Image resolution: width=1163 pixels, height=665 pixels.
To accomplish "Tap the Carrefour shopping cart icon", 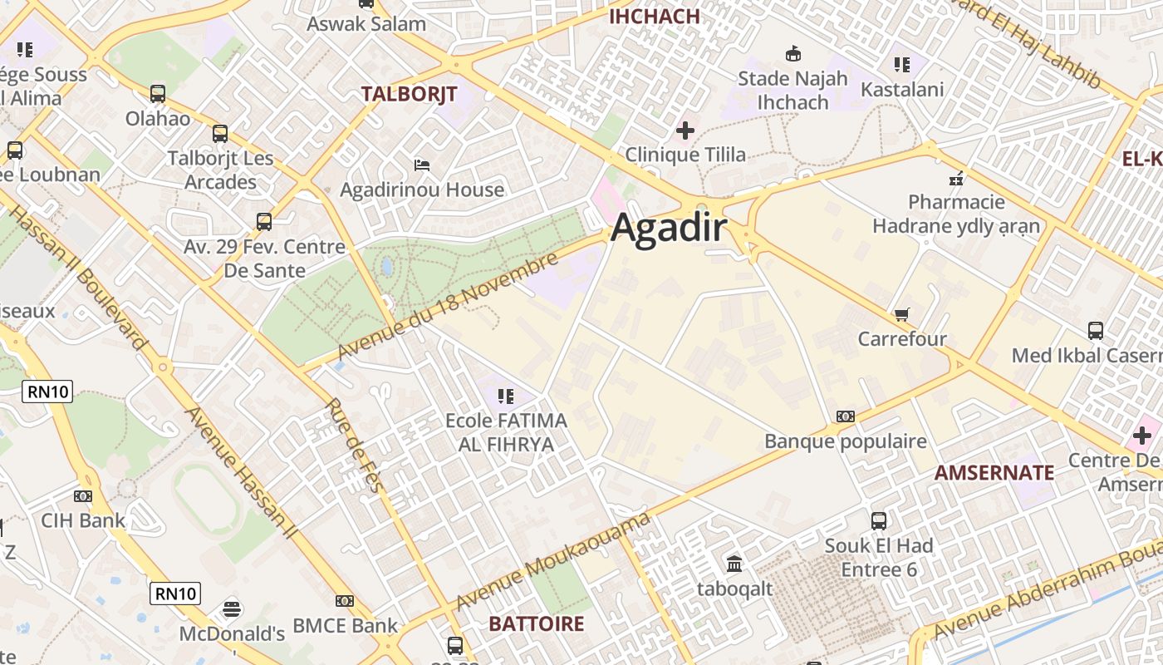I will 901,314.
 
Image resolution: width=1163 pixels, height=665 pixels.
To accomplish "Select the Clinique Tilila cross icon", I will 685,131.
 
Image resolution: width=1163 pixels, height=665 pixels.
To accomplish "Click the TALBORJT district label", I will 409,94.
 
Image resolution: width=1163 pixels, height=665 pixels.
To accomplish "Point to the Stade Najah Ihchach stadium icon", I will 793,54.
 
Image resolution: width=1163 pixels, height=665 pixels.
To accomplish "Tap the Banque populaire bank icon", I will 845,416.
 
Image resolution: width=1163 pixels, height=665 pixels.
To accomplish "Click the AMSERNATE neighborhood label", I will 994,473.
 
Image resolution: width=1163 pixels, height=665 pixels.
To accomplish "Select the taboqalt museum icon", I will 734,564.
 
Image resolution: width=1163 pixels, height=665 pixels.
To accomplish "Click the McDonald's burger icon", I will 232,609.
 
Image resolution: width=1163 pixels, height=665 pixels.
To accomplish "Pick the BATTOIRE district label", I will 536,623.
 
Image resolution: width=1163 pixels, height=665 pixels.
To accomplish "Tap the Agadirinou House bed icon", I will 422,165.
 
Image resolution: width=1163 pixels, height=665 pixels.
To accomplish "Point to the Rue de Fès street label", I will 355,446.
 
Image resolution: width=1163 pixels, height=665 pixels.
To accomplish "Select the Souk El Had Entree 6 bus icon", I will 879,521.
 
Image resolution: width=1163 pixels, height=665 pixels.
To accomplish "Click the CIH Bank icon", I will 83,496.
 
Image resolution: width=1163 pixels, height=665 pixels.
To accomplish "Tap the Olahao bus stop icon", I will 158,94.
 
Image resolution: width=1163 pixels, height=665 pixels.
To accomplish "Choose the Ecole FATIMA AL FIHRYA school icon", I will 505,397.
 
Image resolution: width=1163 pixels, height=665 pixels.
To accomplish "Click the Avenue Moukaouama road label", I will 552,562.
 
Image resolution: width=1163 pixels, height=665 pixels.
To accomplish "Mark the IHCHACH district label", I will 655,16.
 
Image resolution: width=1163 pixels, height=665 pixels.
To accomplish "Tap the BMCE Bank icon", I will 345,601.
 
